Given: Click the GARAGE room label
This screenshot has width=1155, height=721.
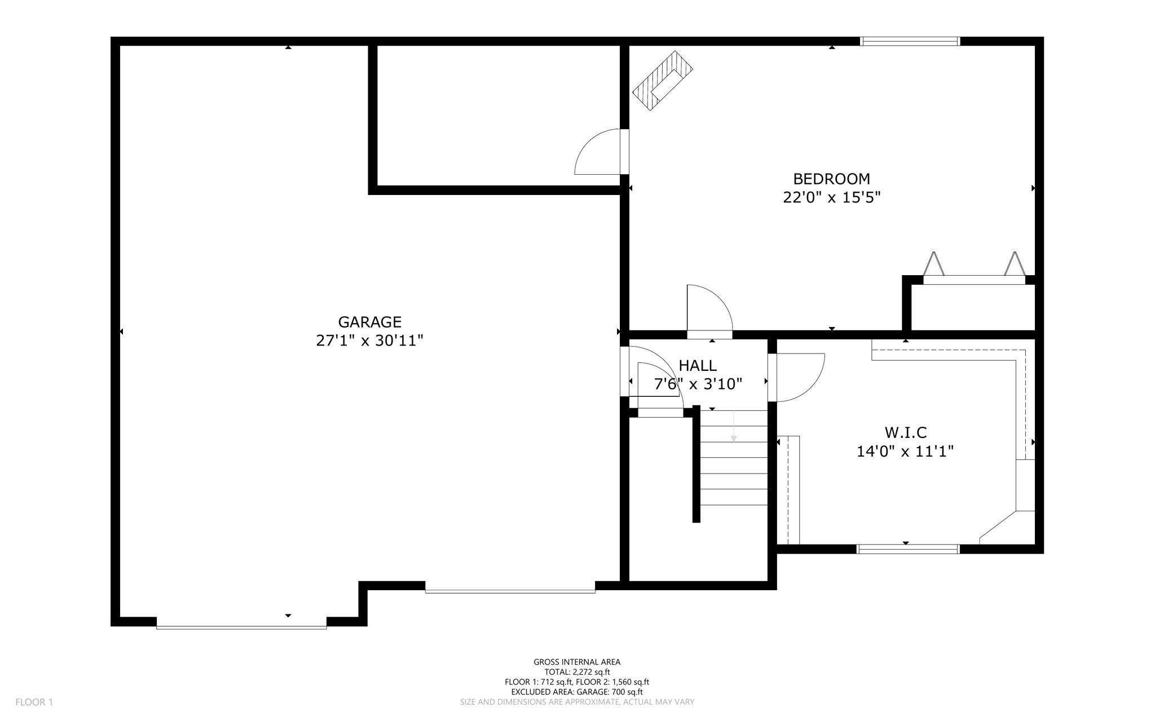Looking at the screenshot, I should tap(369, 322).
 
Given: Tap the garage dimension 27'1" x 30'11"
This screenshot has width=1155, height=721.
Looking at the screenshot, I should tap(369, 340).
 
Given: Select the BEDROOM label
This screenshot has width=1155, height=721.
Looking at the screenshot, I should tap(831, 179).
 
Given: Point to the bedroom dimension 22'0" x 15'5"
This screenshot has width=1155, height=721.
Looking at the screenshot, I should tap(831, 198).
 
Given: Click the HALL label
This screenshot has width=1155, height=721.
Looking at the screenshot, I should tap(698, 365).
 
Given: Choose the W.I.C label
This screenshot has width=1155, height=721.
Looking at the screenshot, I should tap(905, 432).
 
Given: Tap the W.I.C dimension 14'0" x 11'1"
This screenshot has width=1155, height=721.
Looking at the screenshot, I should tap(905, 452).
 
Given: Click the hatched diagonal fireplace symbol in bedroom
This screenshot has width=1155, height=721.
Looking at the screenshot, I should tap(662, 81).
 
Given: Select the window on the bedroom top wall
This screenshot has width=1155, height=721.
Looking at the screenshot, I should tap(910, 41).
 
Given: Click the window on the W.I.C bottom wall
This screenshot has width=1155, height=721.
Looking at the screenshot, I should tap(907, 549).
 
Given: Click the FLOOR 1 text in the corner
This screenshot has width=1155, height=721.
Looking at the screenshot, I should tap(34, 702).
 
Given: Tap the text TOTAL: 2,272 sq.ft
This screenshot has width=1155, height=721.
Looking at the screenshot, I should tap(577, 672).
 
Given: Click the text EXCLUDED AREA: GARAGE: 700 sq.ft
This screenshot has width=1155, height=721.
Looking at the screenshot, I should tap(577, 692).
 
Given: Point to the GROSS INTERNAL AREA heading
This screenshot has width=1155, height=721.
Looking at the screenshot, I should tap(577, 662).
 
